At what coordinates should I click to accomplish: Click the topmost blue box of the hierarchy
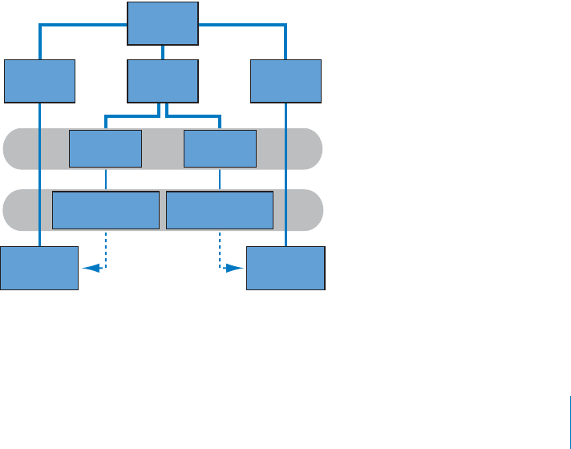[x=163, y=23]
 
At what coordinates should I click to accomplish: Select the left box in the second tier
[x=39, y=81]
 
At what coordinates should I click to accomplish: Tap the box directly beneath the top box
[x=163, y=81]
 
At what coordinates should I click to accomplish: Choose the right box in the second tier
[x=285, y=81]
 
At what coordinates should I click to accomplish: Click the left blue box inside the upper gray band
[x=105, y=148]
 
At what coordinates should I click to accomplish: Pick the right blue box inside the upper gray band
[x=220, y=148]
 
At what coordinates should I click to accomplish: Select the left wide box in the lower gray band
[x=105, y=210]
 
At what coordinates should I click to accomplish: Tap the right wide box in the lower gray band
[x=219, y=210]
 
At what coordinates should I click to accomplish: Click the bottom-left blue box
[x=39, y=268]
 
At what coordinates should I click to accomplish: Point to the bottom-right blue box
[x=285, y=268]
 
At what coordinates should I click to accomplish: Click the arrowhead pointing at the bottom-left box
[x=91, y=269]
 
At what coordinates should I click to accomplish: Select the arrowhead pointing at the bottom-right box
[x=234, y=269]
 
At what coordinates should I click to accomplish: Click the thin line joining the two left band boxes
[x=105, y=180]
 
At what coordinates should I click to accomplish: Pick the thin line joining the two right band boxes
[x=220, y=180]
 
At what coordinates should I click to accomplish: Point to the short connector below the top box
[x=163, y=52]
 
